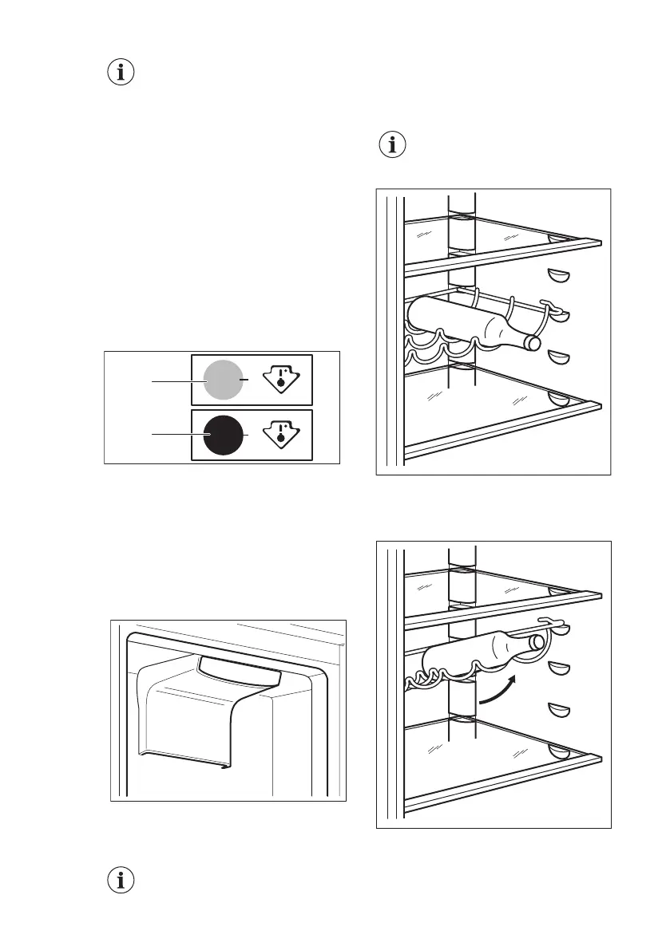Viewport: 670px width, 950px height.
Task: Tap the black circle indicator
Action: (222, 435)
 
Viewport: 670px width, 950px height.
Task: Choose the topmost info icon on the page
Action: (121, 73)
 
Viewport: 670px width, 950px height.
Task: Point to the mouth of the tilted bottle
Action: (537, 640)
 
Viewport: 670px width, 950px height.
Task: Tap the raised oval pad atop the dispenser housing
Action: (240, 672)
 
